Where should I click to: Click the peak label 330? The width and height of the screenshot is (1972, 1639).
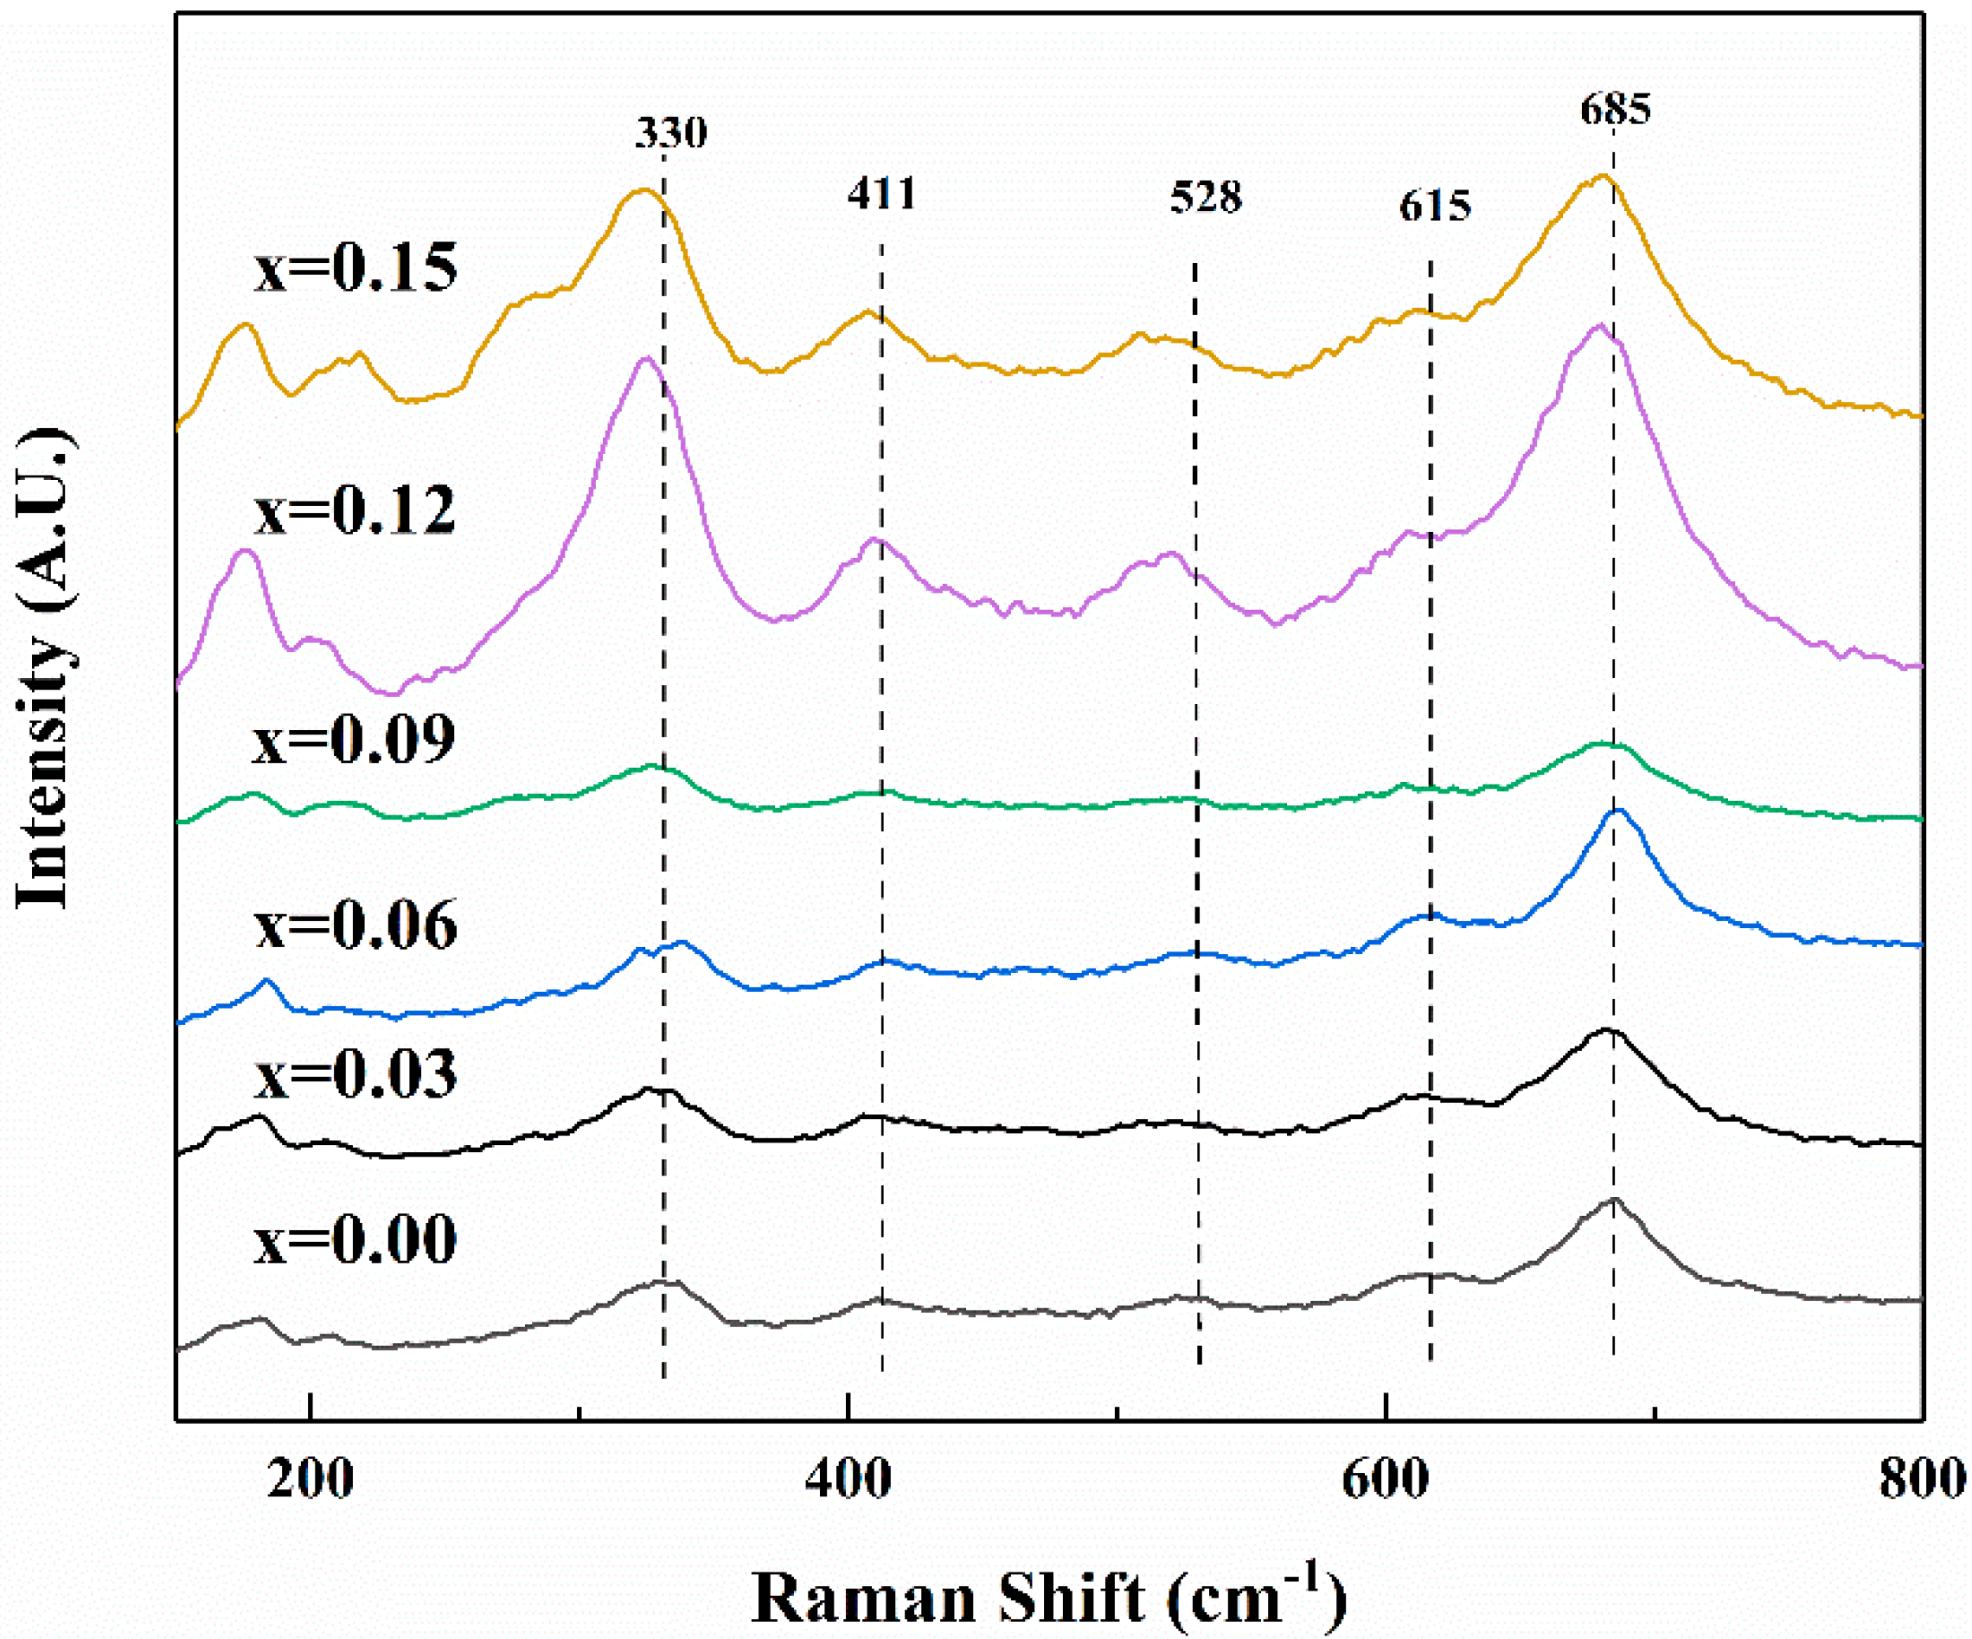coord(670,132)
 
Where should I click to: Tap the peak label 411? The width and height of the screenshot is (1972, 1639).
coord(880,194)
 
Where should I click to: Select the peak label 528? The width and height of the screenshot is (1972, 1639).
coord(1206,197)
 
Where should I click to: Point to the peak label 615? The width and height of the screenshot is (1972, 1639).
coord(1435,205)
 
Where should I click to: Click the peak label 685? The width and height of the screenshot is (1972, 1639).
coord(1615,109)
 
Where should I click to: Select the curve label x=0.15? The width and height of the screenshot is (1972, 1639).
coord(355,266)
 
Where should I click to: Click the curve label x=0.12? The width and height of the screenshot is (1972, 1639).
coord(355,511)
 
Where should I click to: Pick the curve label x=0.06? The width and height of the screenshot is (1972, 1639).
coord(355,925)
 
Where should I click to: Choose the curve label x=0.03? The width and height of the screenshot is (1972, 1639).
coord(355,1073)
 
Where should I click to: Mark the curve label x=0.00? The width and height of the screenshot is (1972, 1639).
coord(355,1239)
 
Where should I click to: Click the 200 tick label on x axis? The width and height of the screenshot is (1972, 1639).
coord(310,1479)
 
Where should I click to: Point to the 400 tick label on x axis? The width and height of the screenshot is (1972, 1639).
coord(848,1479)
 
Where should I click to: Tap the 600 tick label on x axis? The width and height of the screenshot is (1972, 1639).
coord(1385,1479)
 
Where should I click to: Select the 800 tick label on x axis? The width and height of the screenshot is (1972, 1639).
coord(1921,1479)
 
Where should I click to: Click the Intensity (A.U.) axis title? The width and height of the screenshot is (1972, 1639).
coord(44,669)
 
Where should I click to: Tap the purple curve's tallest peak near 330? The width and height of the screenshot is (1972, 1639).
coord(644,358)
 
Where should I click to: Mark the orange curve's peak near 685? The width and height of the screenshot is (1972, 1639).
coord(1603,175)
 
